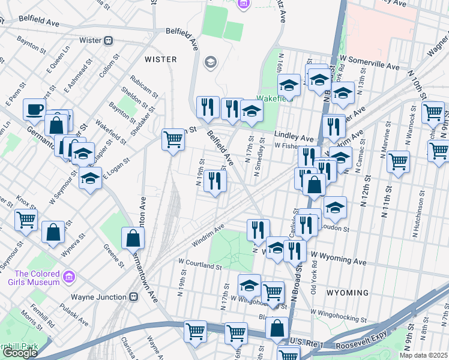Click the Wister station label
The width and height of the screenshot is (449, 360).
(x=86, y=41)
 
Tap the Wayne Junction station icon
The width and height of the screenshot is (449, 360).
(x=133, y=297)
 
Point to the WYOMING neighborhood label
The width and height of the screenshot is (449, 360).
(x=347, y=293)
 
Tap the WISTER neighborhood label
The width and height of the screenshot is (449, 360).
(x=161, y=59)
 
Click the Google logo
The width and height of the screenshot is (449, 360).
(x=20, y=353)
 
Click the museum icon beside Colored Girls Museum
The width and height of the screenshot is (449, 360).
(x=70, y=277)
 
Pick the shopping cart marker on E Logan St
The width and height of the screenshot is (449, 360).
(x=173, y=140)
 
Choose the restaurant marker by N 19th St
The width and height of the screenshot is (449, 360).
(x=215, y=181)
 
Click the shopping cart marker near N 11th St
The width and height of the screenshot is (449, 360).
(x=398, y=161)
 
